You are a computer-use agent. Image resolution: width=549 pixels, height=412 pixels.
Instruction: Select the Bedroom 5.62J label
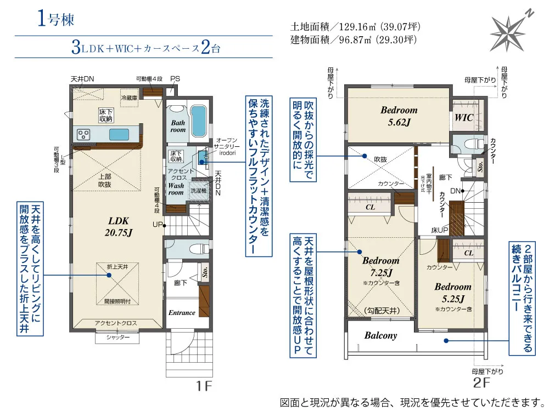click(399, 116)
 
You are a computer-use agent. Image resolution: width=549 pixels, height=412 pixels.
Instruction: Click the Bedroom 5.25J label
click(452, 292)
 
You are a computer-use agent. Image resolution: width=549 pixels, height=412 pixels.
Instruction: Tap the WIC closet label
click(464, 117)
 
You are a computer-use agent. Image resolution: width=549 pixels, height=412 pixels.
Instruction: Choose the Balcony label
click(380, 335)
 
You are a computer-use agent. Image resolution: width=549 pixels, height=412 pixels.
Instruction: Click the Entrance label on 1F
click(182, 313)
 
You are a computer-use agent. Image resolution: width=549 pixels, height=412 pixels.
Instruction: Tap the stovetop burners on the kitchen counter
click(84, 134)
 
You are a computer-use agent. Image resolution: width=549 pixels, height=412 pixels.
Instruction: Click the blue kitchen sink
click(119, 134)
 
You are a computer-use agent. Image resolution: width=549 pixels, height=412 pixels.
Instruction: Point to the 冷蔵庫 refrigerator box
click(129, 97)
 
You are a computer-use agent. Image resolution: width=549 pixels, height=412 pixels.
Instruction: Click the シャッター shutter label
click(119, 337)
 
